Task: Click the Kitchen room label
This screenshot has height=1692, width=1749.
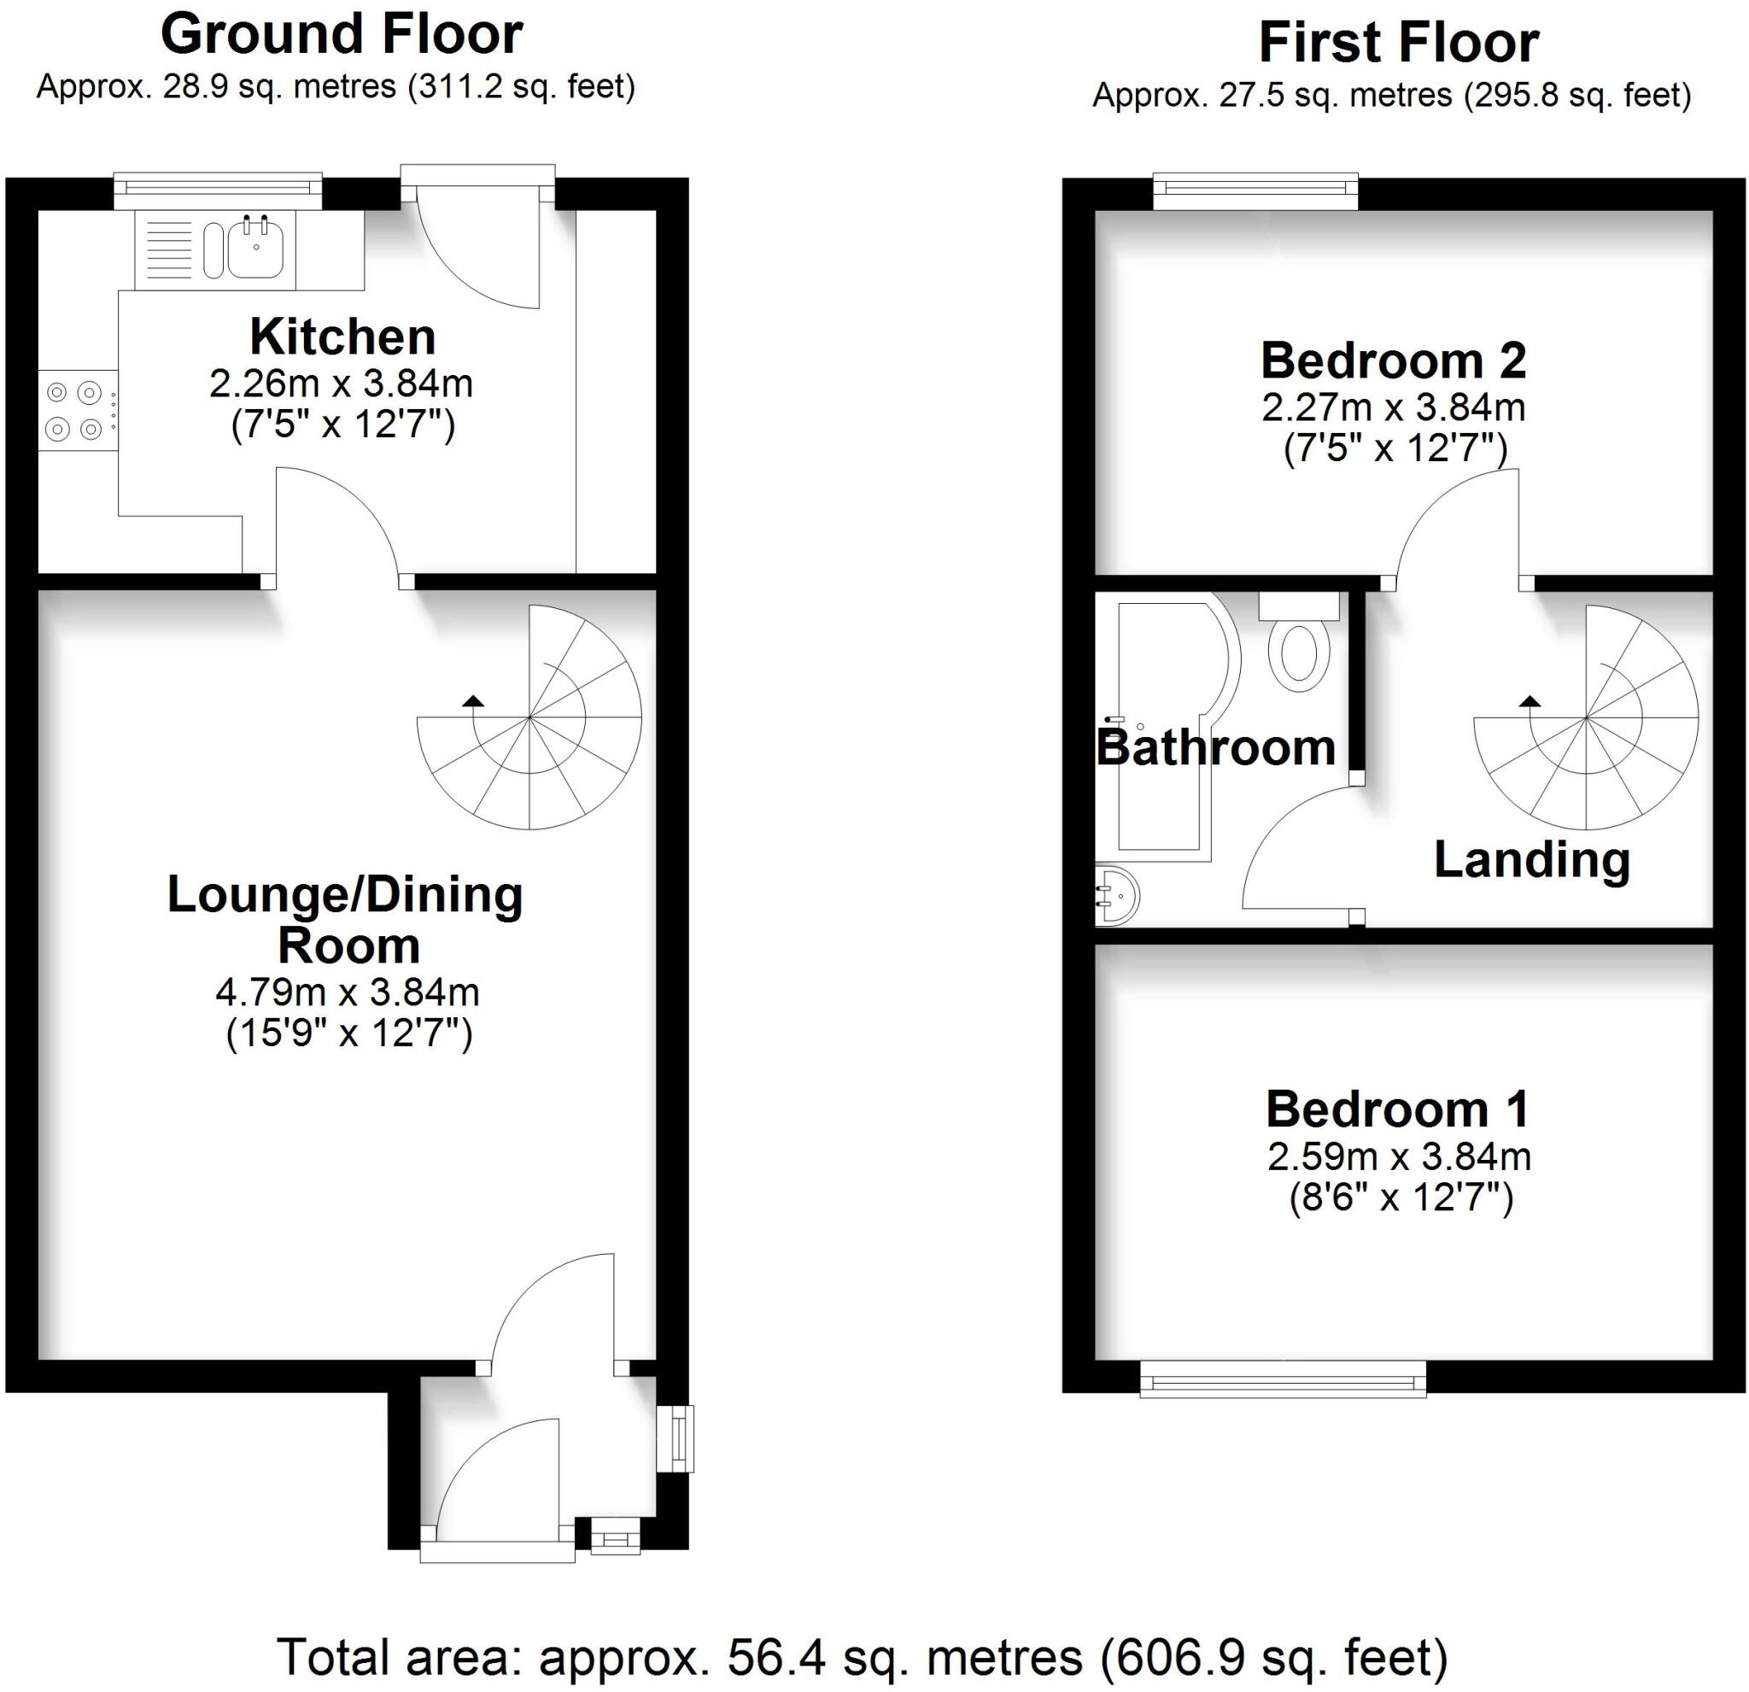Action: pos(342,337)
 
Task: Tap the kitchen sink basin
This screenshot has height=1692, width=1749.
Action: pos(255,250)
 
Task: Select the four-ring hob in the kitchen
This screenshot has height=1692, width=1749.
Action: pos(74,411)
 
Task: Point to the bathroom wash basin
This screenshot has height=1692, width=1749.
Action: pos(1115,895)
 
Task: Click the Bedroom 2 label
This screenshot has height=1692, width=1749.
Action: pos(1393,361)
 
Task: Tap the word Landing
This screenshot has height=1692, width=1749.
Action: pos(1532,860)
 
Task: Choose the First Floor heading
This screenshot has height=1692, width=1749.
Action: pos(1398,43)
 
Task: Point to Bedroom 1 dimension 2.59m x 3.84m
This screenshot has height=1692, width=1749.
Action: pos(1399,1157)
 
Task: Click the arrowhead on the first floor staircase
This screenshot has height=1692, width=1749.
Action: pos(1530,700)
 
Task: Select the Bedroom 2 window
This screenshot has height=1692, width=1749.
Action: pos(1255,190)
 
